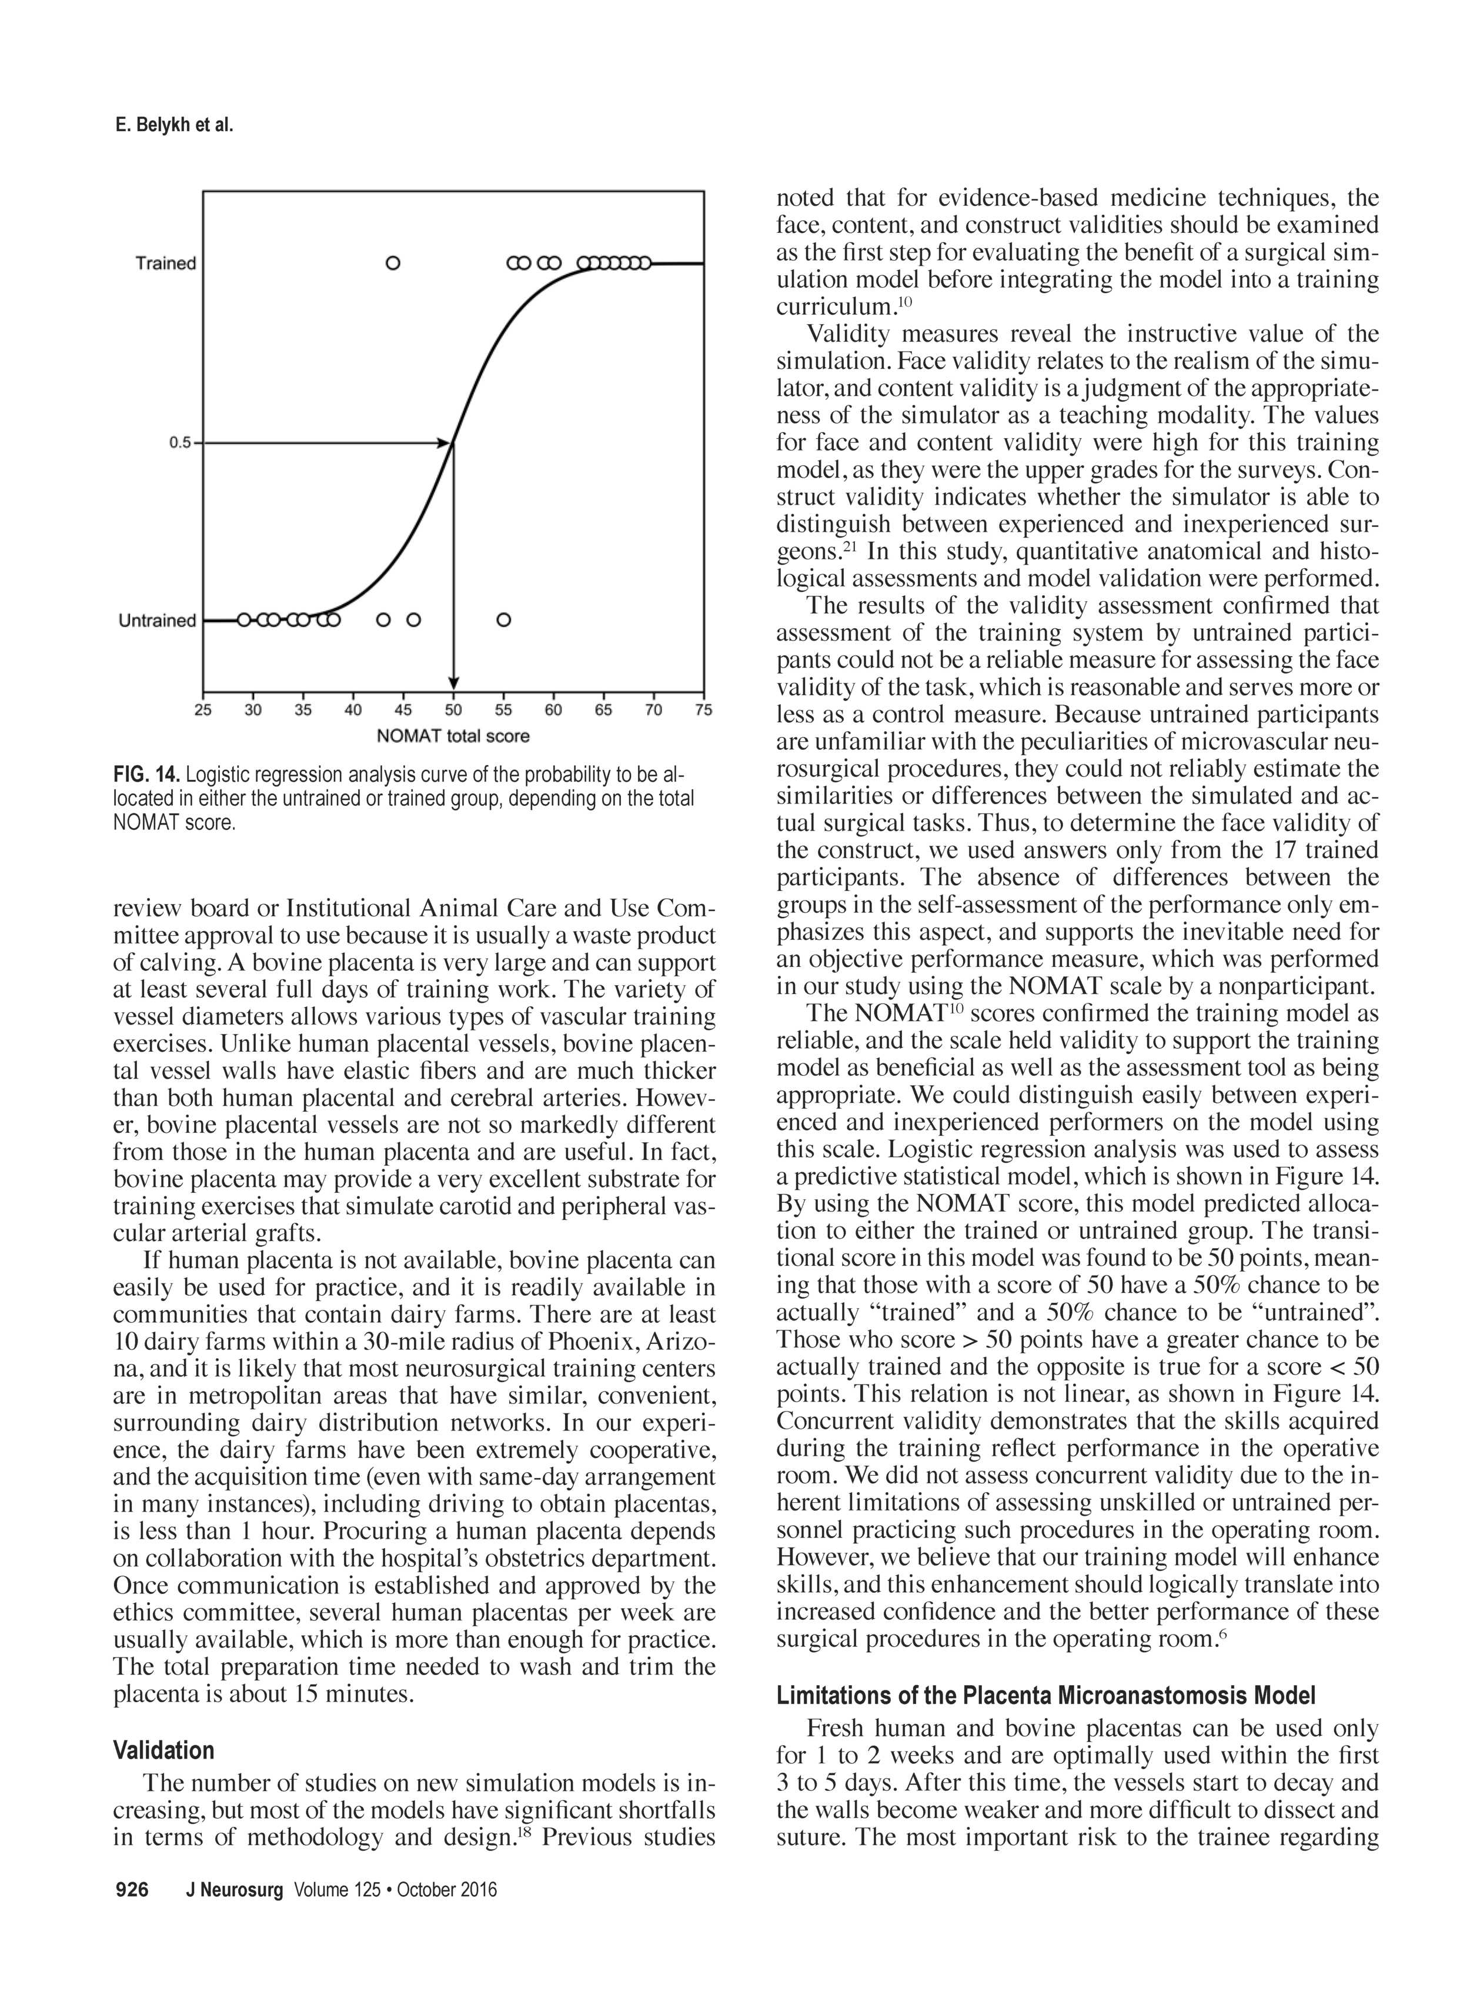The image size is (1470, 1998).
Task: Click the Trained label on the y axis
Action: tap(165, 263)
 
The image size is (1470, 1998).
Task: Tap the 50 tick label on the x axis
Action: tap(453, 710)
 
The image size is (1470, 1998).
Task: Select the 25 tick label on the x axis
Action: tap(203, 710)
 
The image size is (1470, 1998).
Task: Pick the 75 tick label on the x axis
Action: tap(703, 710)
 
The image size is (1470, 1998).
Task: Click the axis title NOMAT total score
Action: tap(453, 736)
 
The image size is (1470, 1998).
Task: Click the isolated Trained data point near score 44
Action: tap(392, 263)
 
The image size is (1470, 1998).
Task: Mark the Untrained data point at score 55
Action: tap(503, 619)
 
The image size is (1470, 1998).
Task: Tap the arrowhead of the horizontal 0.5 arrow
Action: tap(444, 442)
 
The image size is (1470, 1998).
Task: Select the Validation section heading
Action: tap(163, 1750)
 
